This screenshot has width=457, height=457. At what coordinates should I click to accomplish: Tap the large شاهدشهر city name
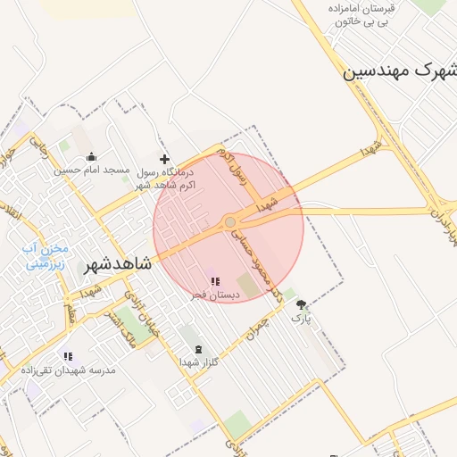click(x=118, y=265)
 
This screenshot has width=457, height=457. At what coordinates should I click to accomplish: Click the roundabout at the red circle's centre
click(x=229, y=221)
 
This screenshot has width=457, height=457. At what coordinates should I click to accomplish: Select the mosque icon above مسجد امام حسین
click(x=91, y=156)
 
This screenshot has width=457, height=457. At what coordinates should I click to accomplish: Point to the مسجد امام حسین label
click(x=92, y=170)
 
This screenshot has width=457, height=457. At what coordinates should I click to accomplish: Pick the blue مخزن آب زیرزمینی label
click(x=46, y=257)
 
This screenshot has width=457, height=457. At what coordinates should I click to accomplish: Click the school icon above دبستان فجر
click(x=214, y=282)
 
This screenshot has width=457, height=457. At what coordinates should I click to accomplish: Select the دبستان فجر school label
click(x=214, y=295)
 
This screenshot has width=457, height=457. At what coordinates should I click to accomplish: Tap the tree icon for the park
click(x=301, y=304)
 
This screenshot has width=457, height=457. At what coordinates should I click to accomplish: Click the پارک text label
click(x=301, y=317)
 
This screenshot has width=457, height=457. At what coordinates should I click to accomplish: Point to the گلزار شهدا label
click(x=197, y=361)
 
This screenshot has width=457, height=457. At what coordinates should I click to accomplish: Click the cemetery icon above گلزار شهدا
click(x=197, y=349)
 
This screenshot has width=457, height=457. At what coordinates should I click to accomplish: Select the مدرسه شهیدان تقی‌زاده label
click(x=68, y=369)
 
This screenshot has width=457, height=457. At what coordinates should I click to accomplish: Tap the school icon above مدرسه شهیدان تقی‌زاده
click(x=68, y=356)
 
